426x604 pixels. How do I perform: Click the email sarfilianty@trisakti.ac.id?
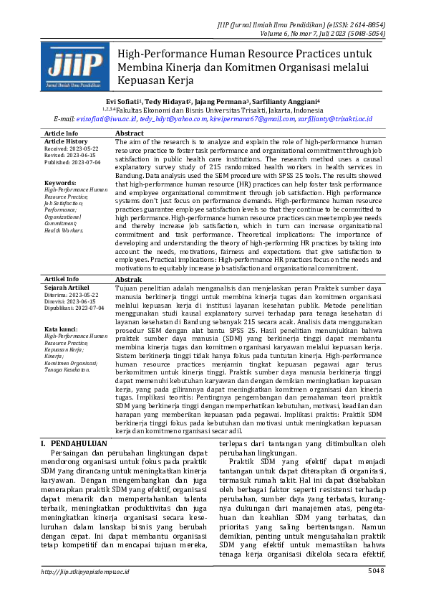pos(334,119)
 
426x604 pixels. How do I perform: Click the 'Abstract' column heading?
pos(130,133)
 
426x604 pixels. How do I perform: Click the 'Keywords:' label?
pos(59,183)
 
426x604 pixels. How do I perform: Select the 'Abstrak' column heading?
pos(129,279)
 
